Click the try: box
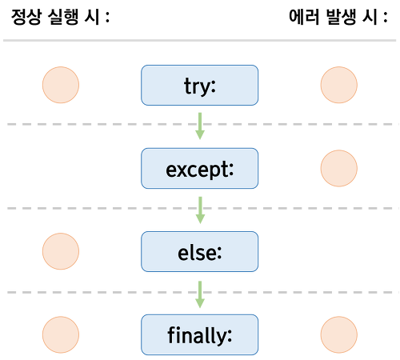199,85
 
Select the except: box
199,168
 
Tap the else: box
199,251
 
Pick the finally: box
199,334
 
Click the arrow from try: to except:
200,126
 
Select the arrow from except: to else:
200,210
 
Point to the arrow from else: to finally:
200,294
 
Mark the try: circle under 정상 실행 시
61,85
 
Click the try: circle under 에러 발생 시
339,85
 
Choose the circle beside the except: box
339,168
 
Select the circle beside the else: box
61,251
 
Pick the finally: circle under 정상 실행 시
61,334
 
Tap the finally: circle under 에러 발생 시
339,334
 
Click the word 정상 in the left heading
26,17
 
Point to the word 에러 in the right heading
304,17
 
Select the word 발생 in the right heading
341,17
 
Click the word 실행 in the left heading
63,17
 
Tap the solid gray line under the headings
199,41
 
